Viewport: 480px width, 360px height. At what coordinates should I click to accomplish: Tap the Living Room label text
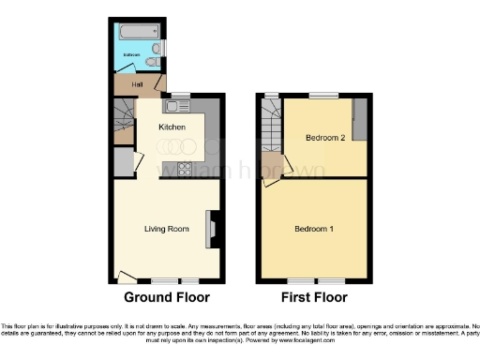(x=166, y=228)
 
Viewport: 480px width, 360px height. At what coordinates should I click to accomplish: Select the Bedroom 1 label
(x=312, y=229)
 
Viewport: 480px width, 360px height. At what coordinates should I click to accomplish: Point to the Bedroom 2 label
(x=325, y=138)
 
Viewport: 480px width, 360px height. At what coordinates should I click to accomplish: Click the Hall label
(x=137, y=85)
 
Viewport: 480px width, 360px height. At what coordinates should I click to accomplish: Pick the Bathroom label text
(x=133, y=56)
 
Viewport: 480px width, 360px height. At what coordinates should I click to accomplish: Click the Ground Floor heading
(x=167, y=297)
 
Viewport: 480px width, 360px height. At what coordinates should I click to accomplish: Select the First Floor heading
(x=313, y=297)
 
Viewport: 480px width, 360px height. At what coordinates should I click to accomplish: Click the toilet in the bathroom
(x=151, y=62)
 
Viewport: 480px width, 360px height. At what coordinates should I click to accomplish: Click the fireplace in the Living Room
(x=211, y=229)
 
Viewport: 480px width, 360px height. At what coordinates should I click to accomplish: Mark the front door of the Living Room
(x=125, y=276)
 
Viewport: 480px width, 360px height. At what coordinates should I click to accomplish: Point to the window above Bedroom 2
(x=324, y=96)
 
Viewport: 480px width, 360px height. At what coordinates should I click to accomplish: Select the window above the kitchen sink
(x=177, y=95)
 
